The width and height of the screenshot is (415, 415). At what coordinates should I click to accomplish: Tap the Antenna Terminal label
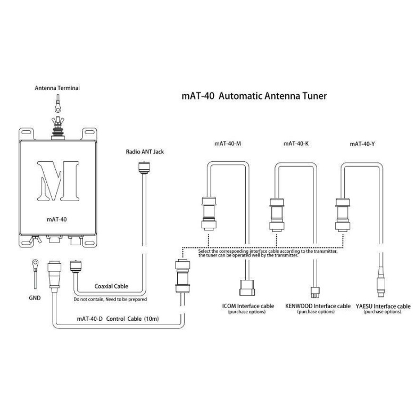coord(57,88)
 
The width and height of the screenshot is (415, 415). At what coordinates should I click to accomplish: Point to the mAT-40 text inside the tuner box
coord(57,218)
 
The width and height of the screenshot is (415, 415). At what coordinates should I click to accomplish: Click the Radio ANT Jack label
coord(145,152)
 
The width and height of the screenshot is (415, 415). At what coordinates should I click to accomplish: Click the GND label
coord(35,298)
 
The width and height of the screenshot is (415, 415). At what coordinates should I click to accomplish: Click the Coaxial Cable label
coord(111,286)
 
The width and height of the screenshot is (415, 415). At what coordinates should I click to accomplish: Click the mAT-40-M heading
coord(228,144)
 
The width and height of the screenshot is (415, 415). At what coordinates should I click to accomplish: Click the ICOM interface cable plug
coord(248,288)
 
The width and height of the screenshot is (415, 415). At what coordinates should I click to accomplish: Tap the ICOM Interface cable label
coord(248,306)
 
